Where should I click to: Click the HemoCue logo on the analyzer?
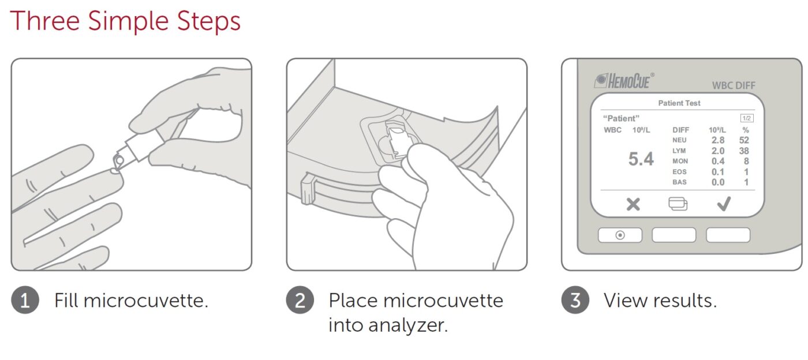tap(624, 81)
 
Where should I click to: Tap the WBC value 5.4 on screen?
tap(641, 159)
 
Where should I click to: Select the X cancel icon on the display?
tap(633, 204)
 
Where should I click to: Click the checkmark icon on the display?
tap(724, 204)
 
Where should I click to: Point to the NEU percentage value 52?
tap(744, 140)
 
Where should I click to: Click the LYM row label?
tap(679, 151)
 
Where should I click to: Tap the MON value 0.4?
tap(718, 161)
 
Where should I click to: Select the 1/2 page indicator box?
tap(747, 118)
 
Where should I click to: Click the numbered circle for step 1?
tap(25, 300)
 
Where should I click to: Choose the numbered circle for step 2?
tap(300, 300)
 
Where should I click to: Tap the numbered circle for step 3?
tap(575, 300)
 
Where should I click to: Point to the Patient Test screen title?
tap(679, 103)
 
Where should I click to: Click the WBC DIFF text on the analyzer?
tap(734, 85)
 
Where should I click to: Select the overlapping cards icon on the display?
tap(678, 204)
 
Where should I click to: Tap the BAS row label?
tap(679, 182)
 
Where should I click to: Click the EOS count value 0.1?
tap(718, 172)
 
